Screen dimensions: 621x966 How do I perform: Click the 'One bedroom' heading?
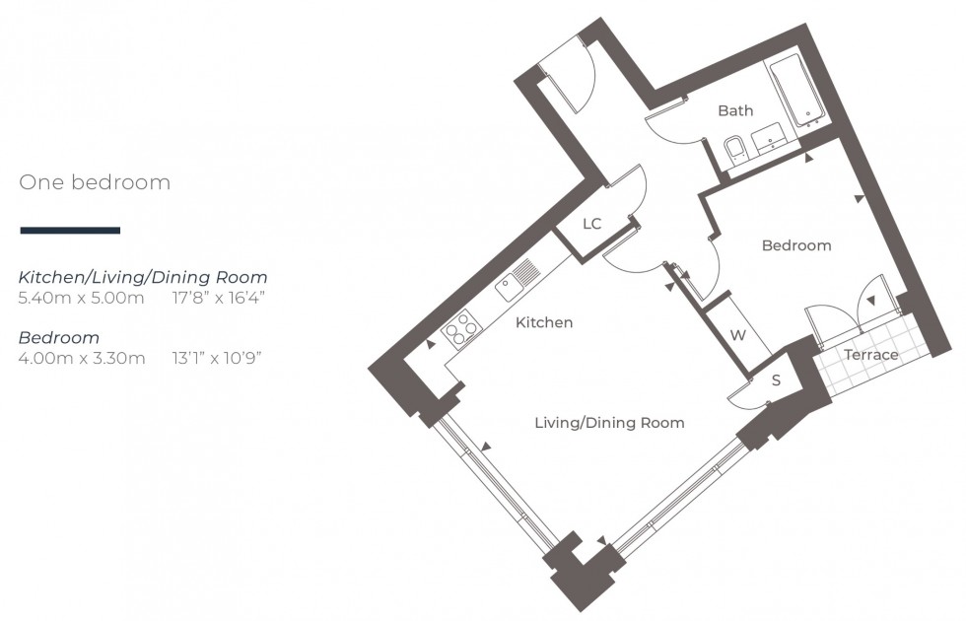[95, 182]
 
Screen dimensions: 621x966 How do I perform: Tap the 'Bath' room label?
[734, 110]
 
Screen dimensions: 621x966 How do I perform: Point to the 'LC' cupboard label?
[591, 224]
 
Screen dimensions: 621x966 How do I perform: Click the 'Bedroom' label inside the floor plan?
[796, 245]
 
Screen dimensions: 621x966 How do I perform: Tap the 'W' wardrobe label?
[738, 335]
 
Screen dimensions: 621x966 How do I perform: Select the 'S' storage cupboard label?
[776, 380]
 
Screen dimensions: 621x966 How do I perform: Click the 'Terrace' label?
[870, 355]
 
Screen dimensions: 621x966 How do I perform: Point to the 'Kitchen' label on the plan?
[543, 322]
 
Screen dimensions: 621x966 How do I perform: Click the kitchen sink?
[515, 279]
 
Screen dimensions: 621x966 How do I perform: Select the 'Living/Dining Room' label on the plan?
[608, 423]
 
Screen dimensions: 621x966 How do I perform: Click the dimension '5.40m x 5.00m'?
[82, 297]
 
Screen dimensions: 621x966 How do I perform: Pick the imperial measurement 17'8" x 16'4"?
[218, 297]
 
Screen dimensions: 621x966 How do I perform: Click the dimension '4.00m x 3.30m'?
[82, 358]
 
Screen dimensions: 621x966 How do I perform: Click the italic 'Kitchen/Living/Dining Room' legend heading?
[143, 277]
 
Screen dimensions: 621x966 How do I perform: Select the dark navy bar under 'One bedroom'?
[70, 231]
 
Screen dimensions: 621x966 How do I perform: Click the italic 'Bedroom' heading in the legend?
[59, 338]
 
